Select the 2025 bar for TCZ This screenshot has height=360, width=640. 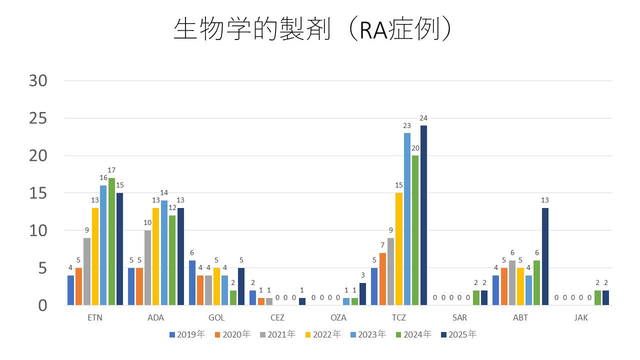pyautogui.click(x=423, y=215)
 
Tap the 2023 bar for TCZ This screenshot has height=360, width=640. pyautogui.click(x=407, y=219)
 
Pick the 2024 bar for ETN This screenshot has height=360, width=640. pyautogui.click(x=111, y=241)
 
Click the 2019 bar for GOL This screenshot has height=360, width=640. pyautogui.click(x=192, y=282)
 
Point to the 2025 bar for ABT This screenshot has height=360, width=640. pyautogui.click(x=545, y=256)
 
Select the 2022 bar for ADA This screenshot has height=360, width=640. pyautogui.click(x=155, y=256)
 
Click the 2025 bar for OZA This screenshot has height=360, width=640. pyautogui.click(x=362, y=294)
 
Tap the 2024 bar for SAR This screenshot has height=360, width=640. pyautogui.click(x=476, y=297)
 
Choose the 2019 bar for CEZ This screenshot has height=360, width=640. pyautogui.click(x=252, y=297)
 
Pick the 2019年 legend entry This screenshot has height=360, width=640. pyautogui.click(x=187, y=334)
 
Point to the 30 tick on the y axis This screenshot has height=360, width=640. pyautogui.click(x=38, y=81)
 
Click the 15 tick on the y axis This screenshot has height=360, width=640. pyautogui.click(x=38, y=193)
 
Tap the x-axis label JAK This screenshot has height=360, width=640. pyautogui.click(x=581, y=318)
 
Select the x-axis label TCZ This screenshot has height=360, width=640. pyautogui.click(x=399, y=318)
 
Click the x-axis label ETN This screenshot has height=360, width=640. pyautogui.click(x=95, y=318)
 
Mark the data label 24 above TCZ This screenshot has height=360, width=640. pyautogui.click(x=423, y=118)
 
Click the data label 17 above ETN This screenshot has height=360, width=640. pyautogui.click(x=111, y=170)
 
